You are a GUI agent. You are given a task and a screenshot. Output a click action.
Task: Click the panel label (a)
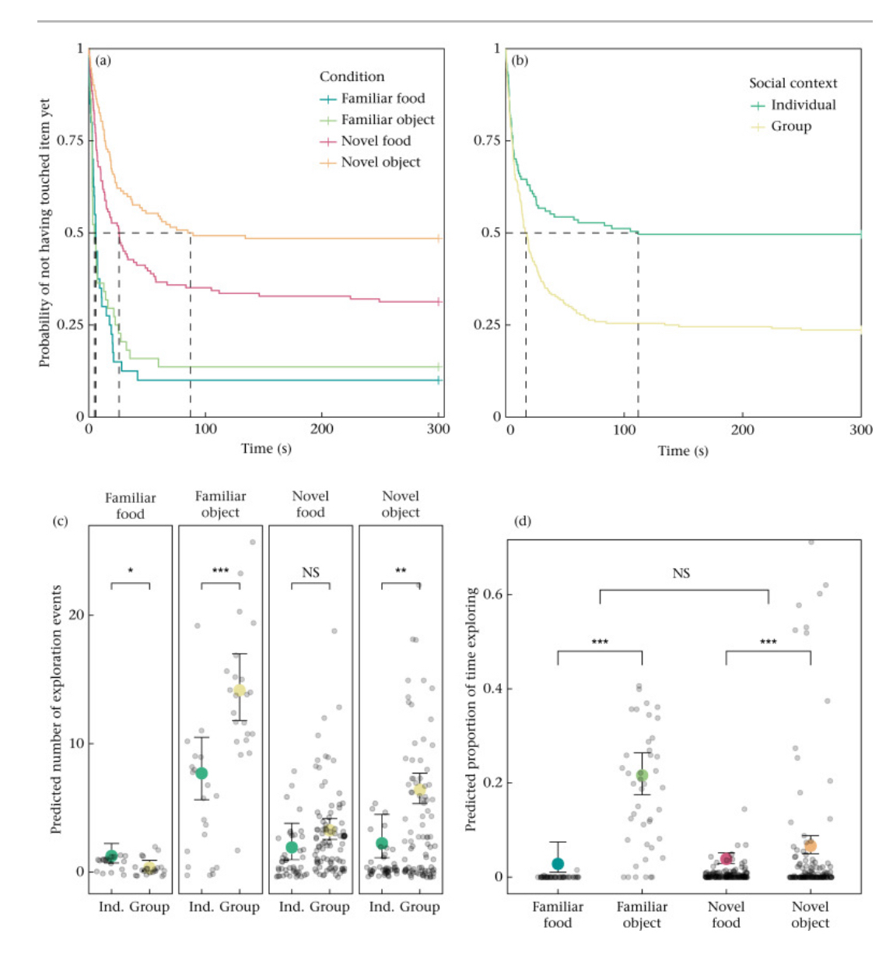103,60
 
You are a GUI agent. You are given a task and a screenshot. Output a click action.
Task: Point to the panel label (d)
523,521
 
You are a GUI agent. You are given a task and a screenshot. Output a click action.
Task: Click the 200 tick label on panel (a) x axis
322,429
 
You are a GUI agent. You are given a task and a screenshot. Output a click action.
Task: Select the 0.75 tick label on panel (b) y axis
487,140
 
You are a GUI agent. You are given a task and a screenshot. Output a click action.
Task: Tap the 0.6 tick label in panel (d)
493,595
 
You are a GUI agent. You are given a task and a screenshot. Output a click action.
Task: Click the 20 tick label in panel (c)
76,615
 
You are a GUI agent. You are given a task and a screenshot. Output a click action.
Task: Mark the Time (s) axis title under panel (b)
683,451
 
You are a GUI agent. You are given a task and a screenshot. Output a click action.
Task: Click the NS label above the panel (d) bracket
681,574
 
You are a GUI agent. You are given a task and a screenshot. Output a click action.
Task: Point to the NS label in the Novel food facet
310,573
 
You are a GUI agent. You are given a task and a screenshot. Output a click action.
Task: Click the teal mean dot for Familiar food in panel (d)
558,864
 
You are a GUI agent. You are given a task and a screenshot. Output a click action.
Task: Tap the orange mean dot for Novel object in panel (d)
810,846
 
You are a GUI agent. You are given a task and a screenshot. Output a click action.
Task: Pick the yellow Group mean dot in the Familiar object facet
240,690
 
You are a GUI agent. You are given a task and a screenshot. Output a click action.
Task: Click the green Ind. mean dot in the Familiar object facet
201,774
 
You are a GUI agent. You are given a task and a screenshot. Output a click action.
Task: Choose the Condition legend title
352,76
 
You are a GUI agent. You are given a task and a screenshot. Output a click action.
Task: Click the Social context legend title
793,83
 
